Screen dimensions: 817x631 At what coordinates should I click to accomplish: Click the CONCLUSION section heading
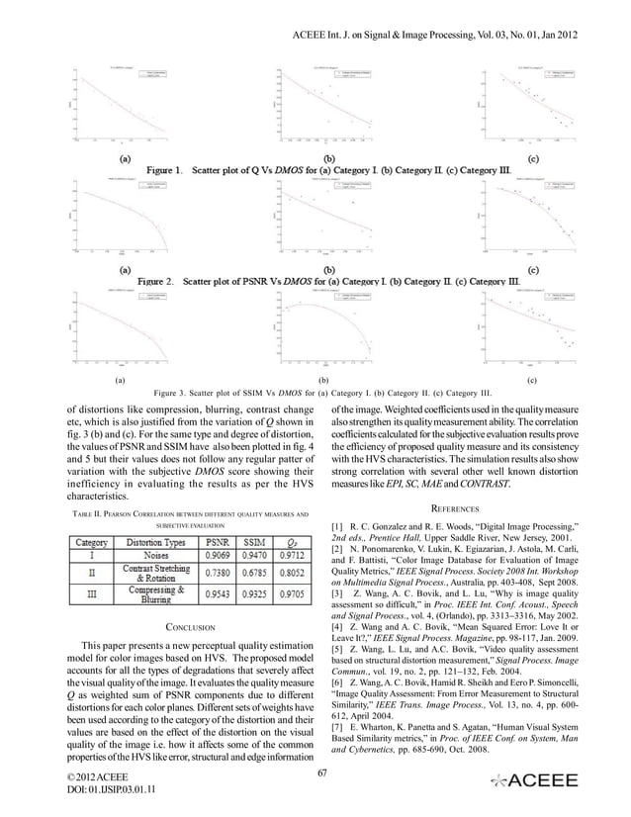click(x=191, y=626)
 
